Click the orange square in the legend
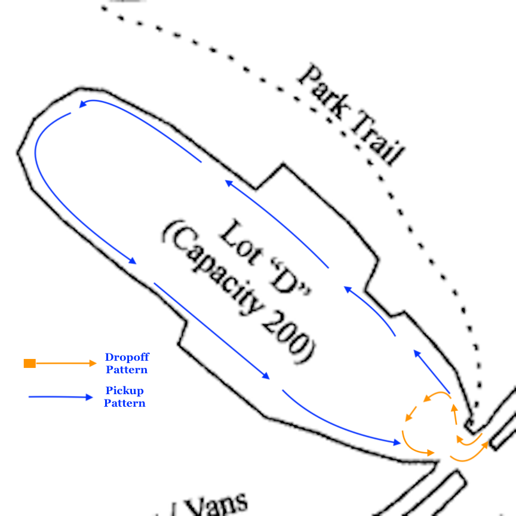coord(30,363)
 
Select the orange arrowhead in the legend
coord(92,363)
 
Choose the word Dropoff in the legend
coord(127,357)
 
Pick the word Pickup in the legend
coord(125,391)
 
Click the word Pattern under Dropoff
coord(127,370)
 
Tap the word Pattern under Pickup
coord(125,403)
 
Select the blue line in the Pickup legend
coord(57,397)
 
